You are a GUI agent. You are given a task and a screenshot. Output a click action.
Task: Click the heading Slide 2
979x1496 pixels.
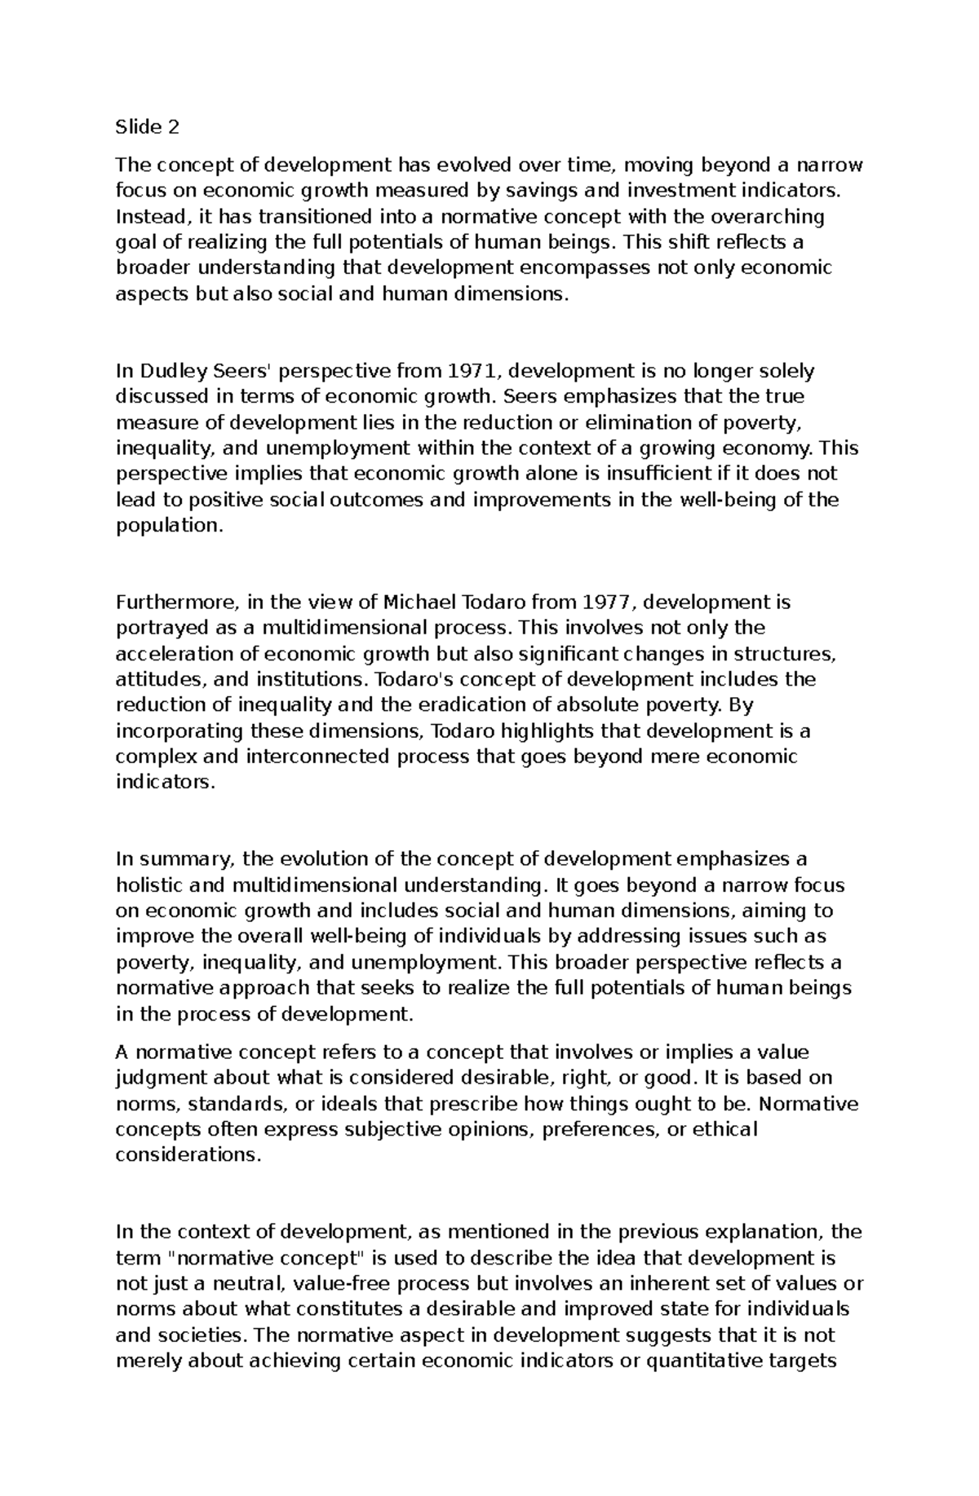147,127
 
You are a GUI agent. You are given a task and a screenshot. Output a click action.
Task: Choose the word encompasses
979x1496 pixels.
583,268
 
